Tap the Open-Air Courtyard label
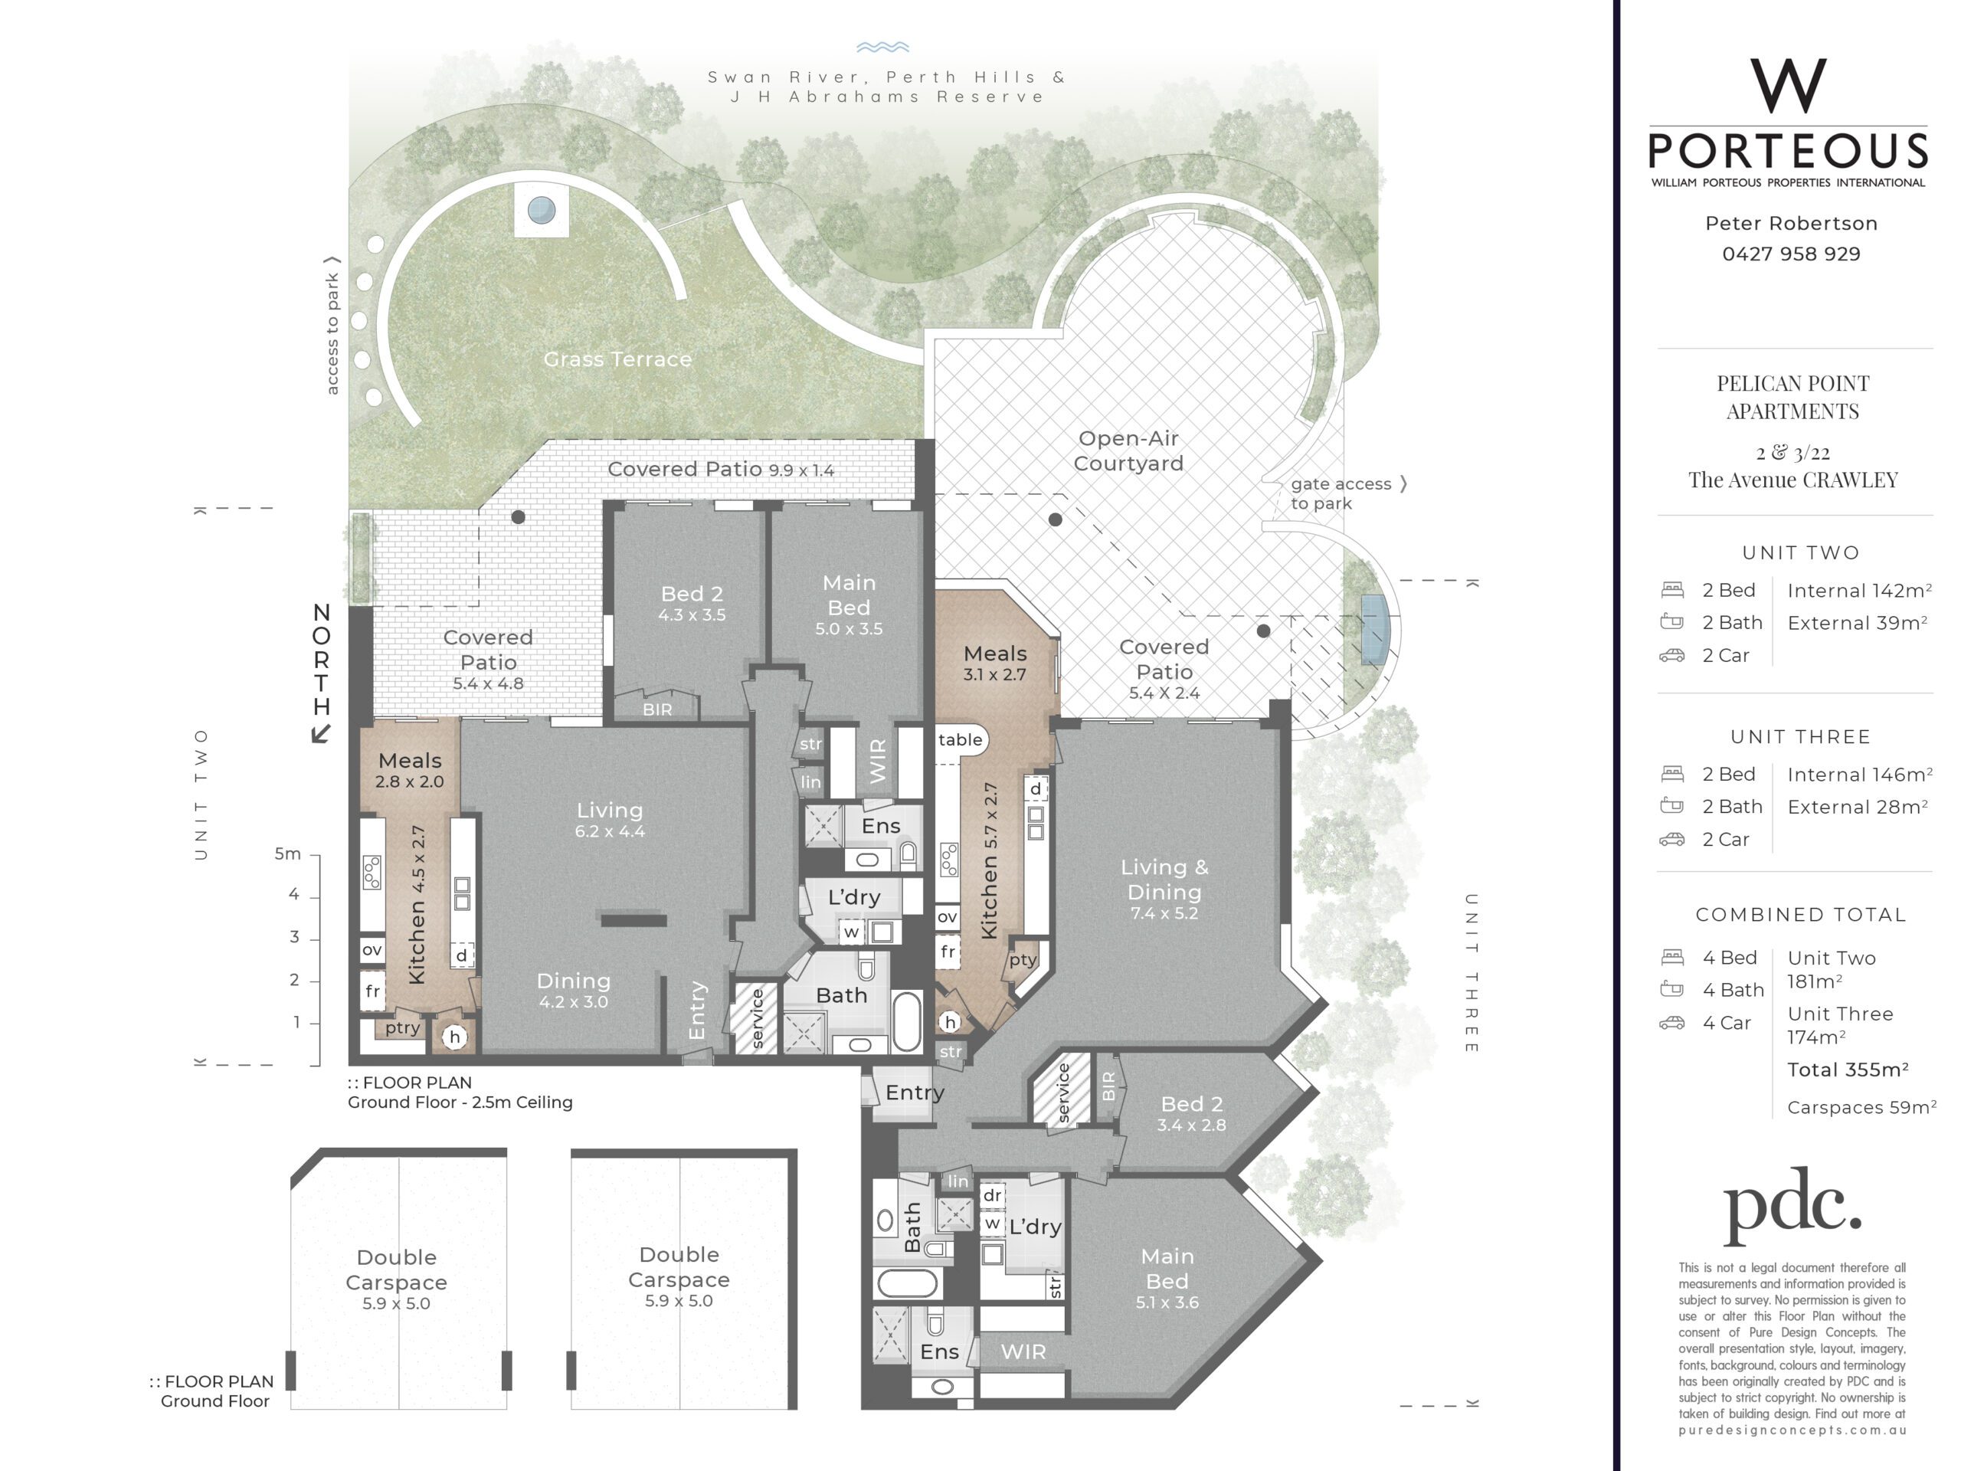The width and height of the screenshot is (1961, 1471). (1128, 450)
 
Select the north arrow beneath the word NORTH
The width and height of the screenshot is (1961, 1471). (321, 733)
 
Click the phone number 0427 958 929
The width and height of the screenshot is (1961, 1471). (1791, 254)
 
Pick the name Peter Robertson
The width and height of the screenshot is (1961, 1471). (1791, 224)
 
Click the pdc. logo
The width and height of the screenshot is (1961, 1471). (1792, 1205)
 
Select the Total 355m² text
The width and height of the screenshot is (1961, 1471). (1848, 1070)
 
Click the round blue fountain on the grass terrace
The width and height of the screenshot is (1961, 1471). (542, 210)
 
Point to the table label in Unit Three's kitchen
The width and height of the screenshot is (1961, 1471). (960, 739)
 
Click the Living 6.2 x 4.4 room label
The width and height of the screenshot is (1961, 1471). (610, 819)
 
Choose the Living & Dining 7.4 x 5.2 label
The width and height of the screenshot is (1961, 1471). (1164, 889)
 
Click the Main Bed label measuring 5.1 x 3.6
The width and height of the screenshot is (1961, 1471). (1167, 1279)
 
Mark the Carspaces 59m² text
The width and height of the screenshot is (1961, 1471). (1861, 1106)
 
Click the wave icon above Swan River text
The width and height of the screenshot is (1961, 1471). (883, 47)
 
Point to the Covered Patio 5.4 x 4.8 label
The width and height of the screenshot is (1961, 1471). (488, 660)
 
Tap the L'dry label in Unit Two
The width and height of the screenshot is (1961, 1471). (854, 896)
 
